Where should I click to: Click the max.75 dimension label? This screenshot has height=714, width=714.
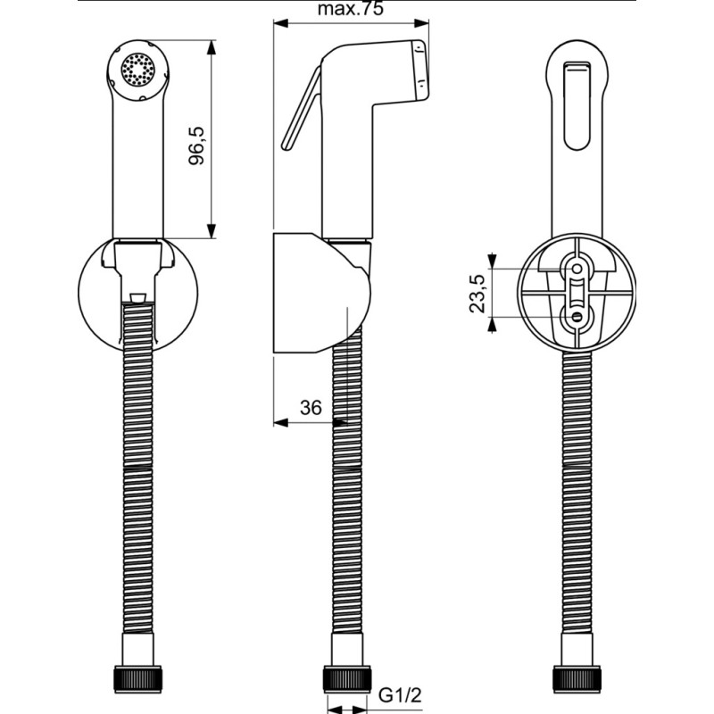(351, 9)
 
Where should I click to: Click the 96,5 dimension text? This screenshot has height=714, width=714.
(196, 145)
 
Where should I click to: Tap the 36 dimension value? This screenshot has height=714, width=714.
(311, 408)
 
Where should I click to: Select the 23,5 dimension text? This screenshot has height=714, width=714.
(477, 294)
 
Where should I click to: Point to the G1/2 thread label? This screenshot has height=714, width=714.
(400, 695)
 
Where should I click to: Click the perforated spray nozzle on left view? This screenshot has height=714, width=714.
(138, 70)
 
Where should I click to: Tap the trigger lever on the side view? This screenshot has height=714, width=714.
(302, 108)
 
